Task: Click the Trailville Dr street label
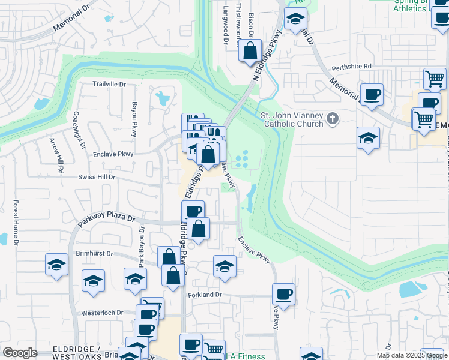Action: (109, 84)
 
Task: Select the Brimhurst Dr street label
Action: (94, 253)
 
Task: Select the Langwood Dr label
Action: (226, 24)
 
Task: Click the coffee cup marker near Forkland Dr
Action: (283, 295)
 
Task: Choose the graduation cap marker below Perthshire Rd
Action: (368, 139)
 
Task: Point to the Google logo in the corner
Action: (20, 353)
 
